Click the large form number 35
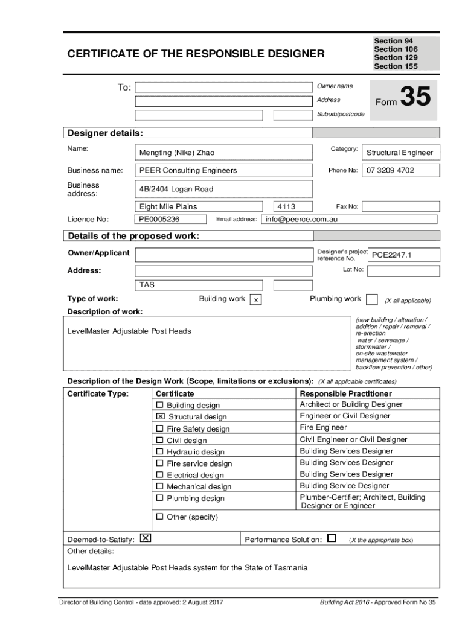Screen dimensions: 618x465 415,98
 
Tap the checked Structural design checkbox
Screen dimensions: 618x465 160,416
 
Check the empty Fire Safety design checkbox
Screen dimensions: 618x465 160,428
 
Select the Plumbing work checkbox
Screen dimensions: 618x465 373,299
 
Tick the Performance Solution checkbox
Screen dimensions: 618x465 332,538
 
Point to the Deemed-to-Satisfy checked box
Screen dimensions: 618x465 145,538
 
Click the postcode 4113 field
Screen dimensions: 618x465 292,206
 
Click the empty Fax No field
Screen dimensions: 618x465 401,206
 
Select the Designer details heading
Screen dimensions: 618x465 106,133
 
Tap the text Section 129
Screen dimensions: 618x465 396,57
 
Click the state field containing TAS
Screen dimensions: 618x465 199,285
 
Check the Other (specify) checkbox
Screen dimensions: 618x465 160,517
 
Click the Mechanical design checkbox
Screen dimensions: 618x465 160,486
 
